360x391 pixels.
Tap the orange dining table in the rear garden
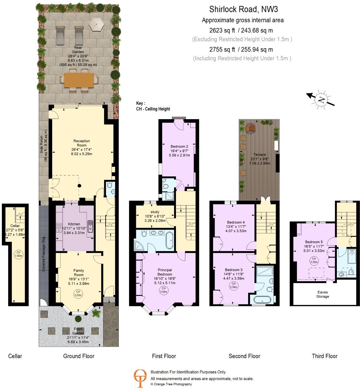pyautogui.click(x=79, y=81)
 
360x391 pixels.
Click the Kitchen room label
pyautogui.click(x=74, y=224)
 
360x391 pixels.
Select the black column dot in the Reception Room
pyautogui.click(x=79, y=186)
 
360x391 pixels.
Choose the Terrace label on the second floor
pyautogui.click(x=259, y=155)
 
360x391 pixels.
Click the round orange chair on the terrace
pyautogui.click(x=250, y=128)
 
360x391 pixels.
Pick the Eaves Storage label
pyautogui.click(x=322, y=294)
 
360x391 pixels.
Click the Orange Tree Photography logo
pyautogui.click(x=140, y=378)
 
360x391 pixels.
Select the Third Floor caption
pyautogui.click(x=325, y=356)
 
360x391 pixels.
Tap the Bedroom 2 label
pyautogui.click(x=179, y=146)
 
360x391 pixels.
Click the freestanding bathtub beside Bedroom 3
pyautogui.click(x=262, y=300)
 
